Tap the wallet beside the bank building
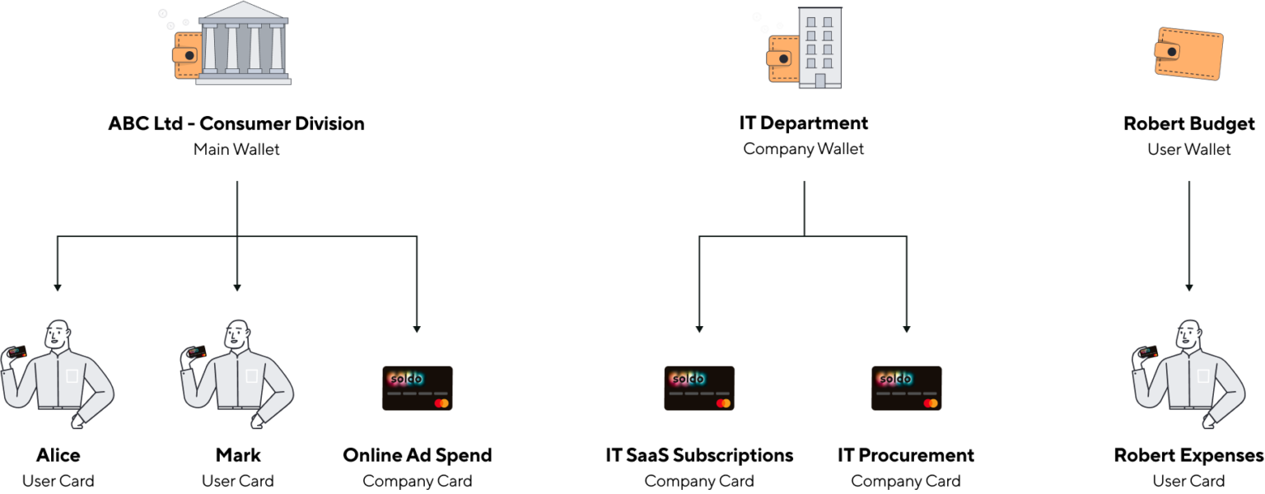pos(185,55)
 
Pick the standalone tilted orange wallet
pos(1188,54)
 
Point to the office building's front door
pos(820,81)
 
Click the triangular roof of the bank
pos(243,11)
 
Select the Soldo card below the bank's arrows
pos(417,388)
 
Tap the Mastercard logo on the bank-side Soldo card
pos(441,403)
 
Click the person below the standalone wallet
pos(1189,375)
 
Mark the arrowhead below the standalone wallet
pos(1188,288)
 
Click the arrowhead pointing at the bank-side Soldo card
pos(417,329)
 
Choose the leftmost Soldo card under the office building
pos(699,388)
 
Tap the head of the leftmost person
pos(57,334)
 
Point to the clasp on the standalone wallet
pos(1171,52)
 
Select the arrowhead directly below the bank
pos(237,288)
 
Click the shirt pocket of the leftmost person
pos(72,376)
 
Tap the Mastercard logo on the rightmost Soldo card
pos(931,403)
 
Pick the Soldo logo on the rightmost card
pos(894,379)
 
